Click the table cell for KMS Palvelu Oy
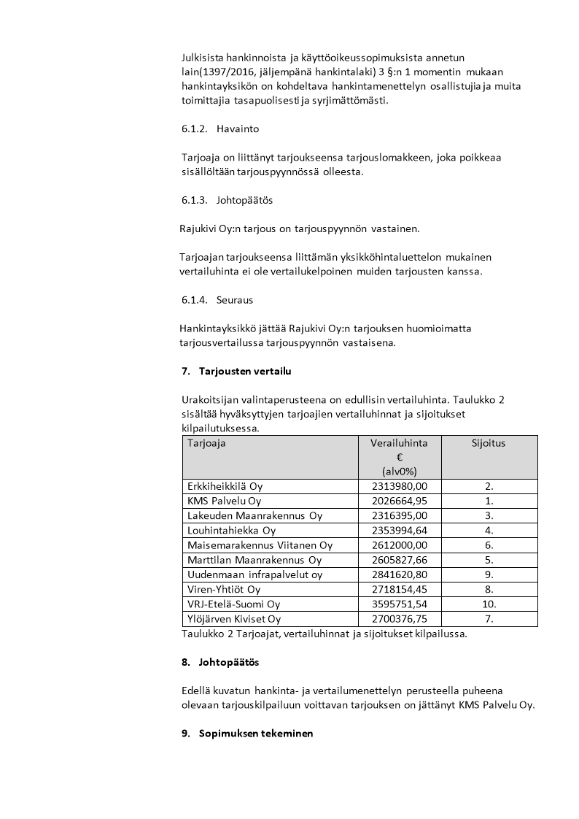(224, 501)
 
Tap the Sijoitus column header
(489, 443)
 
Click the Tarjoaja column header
(206, 443)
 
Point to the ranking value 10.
(489, 604)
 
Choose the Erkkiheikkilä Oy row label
(225, 486)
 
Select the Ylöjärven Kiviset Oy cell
(234, 619)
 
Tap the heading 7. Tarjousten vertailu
(236, 372)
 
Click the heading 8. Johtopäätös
(219, 662)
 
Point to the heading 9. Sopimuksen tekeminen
(247, 734)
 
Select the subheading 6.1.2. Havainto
(220, 129)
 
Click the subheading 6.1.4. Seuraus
(217, 300)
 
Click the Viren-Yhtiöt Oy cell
(224, 589)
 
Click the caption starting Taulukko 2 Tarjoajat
(324, 634)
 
